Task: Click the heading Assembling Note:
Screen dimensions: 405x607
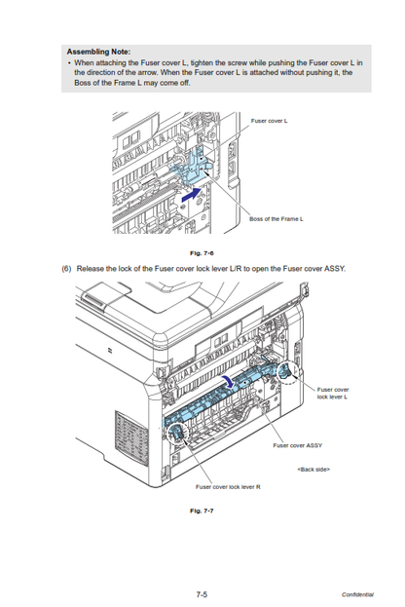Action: pyautogui.click(x=98, y=52)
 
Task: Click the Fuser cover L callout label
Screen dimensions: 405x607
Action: pyautogui.click(x=270, y=121)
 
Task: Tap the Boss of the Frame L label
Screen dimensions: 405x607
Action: pyautogui.click(x=276, y=218)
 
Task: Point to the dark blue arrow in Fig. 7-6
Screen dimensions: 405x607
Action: pyautogui.click(x=192, y=194)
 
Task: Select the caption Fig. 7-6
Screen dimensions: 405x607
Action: pyautogui.click(x=202, y=253)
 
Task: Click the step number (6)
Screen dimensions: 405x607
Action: pyautogui.click(x=66, y=269)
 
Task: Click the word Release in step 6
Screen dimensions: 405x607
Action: pyautogui.click(x=91, y=269)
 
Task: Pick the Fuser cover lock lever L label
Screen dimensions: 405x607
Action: pyautogui.click(x=333, y=393)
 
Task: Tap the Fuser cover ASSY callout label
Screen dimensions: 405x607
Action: pyautogui.click(x=298, y=445)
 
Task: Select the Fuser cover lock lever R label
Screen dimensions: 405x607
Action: pyautogui.click(x=228, y=486)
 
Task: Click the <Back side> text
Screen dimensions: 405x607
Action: pyautogui.click(x=313, y=470)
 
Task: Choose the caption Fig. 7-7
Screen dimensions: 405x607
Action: pyautogui.click(x=202, y=511)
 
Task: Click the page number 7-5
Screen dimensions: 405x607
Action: pyautogui.click(x=202, y=594)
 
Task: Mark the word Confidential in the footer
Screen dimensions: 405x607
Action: pyautogui.click(x=358, y=594)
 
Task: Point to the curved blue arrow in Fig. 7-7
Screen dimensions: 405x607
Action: pyautogui.click(x=230, y=382)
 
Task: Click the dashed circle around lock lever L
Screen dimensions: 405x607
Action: pyautogui.click(x=277, y=372)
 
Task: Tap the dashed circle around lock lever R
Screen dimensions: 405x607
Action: pyautogui.click(x=166, y=435)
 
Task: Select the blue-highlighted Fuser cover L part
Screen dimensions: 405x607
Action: pyautogui.click(x=194, y=166)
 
